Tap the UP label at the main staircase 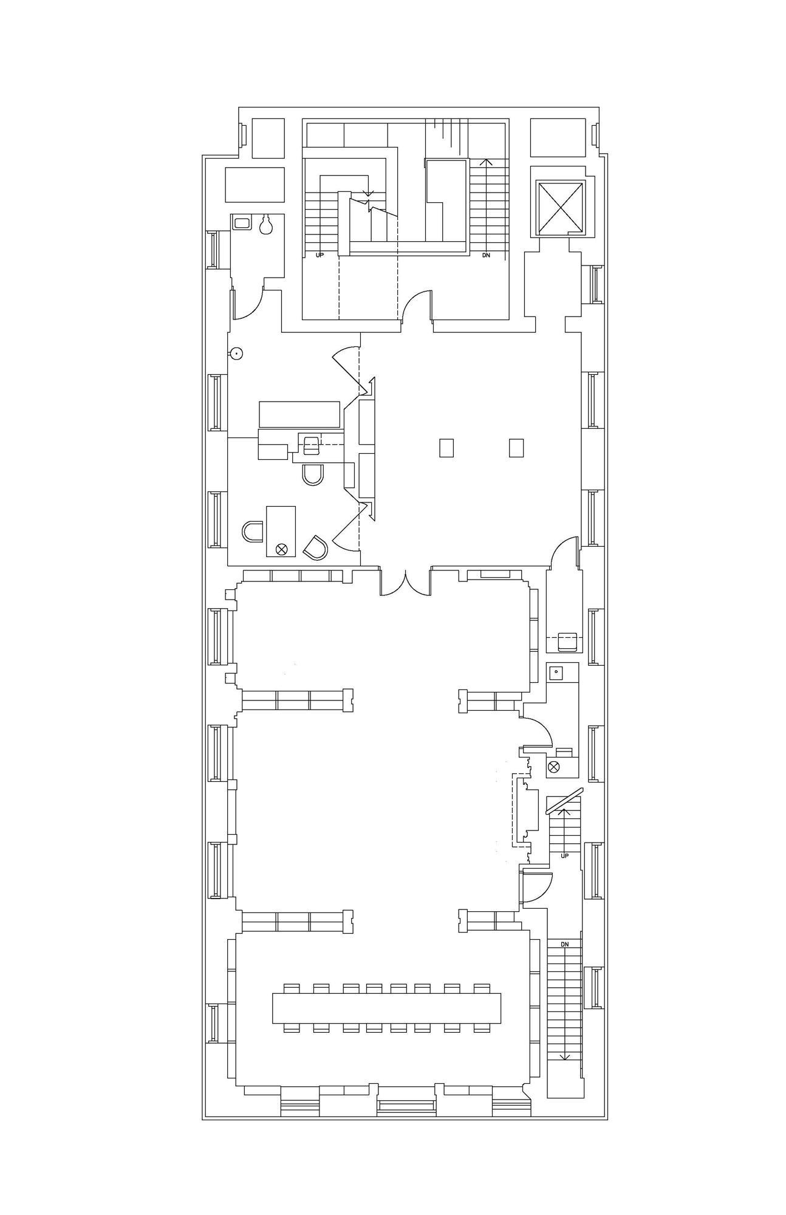click(x=320, y=256)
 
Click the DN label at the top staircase click(x=485, y=256)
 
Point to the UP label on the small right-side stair click(x=564, y=856)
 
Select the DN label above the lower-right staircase click(x=564, y=945)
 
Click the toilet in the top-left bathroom click(x=265, y=225)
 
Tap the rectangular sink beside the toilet click(x=242, y=223)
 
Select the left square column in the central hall click(x=446, y=448)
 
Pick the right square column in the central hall click(x=516, y=448)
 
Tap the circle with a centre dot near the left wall click(x=237, y=353)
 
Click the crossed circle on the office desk click(x=281, y=549)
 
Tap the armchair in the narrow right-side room click(x=567, y=642)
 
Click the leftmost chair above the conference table click(x=292, y=988)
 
